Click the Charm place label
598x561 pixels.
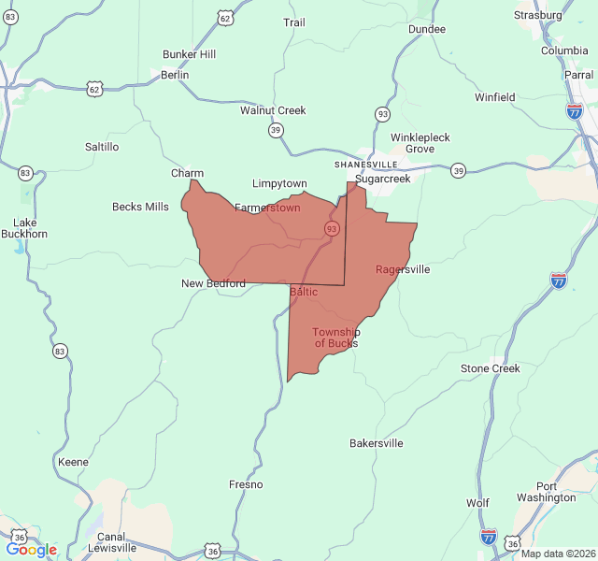click(x=187, y=173)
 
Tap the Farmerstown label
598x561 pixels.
click(x=267, y=208)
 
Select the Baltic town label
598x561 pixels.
click(x=304, y=292)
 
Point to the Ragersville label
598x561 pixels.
click(x=403, y=269)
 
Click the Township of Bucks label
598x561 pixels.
click(x=335, y=338)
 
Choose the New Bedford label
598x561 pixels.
click(x=213, y=283)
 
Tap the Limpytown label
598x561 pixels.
click(x=279, y=183)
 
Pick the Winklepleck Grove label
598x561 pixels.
click(x=420, y=143)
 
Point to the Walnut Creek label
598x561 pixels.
click(x=273, y=110)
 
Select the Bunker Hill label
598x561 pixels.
click(x=189, y=54)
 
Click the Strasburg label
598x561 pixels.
click(x=538, y=15)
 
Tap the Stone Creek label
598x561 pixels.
click(x=490, y=368)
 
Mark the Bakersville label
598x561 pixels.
click(x=377, y=443)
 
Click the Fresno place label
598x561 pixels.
click(x=246, y=484)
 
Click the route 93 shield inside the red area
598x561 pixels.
click(x=332, y=229)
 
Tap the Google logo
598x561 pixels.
click(x=31, y=550)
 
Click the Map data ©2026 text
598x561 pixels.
click(x=557, y=554)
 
